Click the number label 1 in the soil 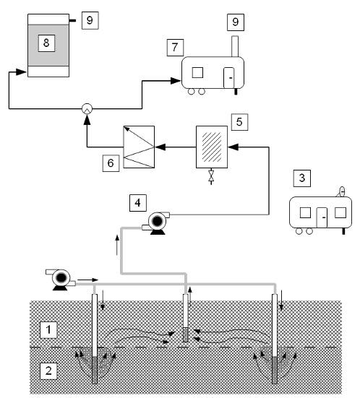48,330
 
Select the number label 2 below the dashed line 48,371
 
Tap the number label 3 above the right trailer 302,178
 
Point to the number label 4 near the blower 137,203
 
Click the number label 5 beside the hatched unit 239,122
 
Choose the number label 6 111,163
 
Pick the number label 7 175,48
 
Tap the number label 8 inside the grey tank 46,43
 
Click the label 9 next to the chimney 236,22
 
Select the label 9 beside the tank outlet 90,20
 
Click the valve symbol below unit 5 211,176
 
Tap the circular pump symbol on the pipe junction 87,109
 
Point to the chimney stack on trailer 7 235,46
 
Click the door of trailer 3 322,217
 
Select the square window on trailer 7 197,73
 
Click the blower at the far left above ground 61,280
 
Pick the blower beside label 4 157,222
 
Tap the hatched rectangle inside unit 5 212,147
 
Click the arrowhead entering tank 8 21,72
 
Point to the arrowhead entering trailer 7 176,81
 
